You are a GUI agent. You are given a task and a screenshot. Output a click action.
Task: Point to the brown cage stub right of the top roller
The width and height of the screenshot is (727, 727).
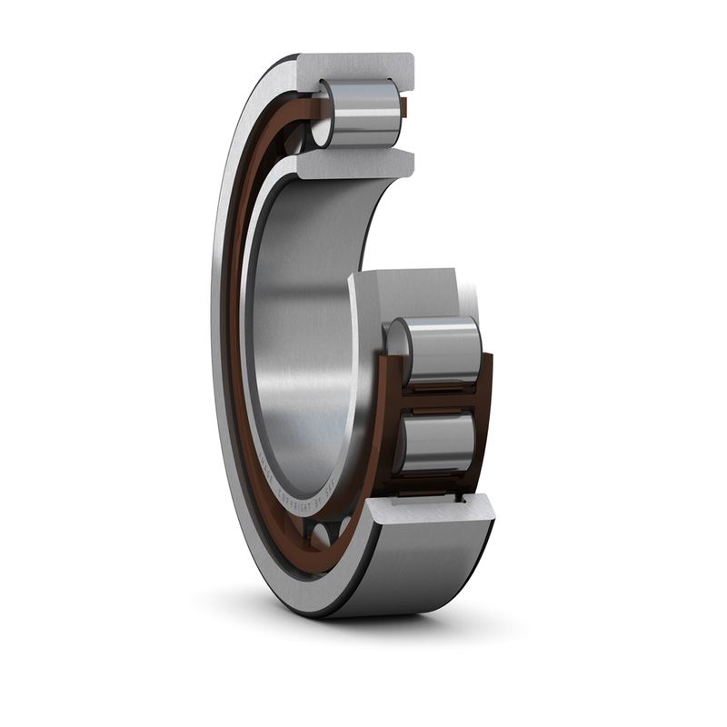[x=405, y=111]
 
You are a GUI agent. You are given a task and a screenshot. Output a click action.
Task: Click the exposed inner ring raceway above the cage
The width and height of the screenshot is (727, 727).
[x=409, y=291]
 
